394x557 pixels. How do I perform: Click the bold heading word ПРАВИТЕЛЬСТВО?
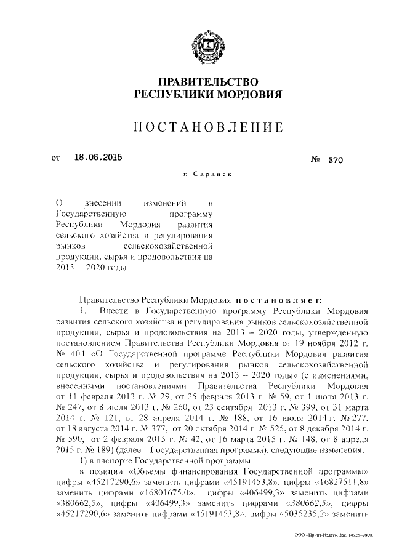(208, 82)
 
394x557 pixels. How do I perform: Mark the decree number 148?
(304, 438)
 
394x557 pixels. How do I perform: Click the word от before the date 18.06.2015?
(55, 158)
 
